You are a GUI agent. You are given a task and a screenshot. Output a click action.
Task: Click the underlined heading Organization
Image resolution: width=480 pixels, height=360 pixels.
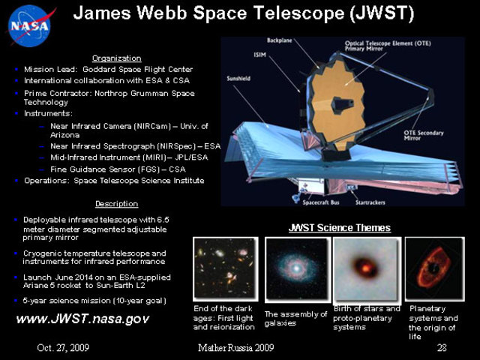click(x=116, y=58)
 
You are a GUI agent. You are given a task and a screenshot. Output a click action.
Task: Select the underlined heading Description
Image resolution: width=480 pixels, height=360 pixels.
click(x=116, y=203)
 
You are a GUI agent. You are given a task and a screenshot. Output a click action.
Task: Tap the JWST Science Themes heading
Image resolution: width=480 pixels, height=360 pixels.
click(x=340, y=227)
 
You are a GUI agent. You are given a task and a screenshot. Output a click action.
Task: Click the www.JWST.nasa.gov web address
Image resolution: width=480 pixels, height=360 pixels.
click(x=82, y=319)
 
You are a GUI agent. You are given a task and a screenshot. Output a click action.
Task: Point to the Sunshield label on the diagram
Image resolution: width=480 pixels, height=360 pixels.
click(x=238, y=78)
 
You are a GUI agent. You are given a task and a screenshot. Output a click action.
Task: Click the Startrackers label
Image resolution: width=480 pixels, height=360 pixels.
click(x=371, y=202)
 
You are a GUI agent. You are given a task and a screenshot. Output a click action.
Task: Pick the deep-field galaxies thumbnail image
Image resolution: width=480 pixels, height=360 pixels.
click(x=222, y=268)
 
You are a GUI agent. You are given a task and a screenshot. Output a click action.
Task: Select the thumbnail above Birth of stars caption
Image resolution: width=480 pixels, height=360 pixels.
click(x=365, y=269)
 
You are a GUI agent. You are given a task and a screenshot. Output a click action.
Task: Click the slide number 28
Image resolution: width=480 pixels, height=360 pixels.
click(x=441, y=348)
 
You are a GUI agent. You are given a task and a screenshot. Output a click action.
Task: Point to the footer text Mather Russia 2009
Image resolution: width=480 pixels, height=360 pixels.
click(x=236, y=348)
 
